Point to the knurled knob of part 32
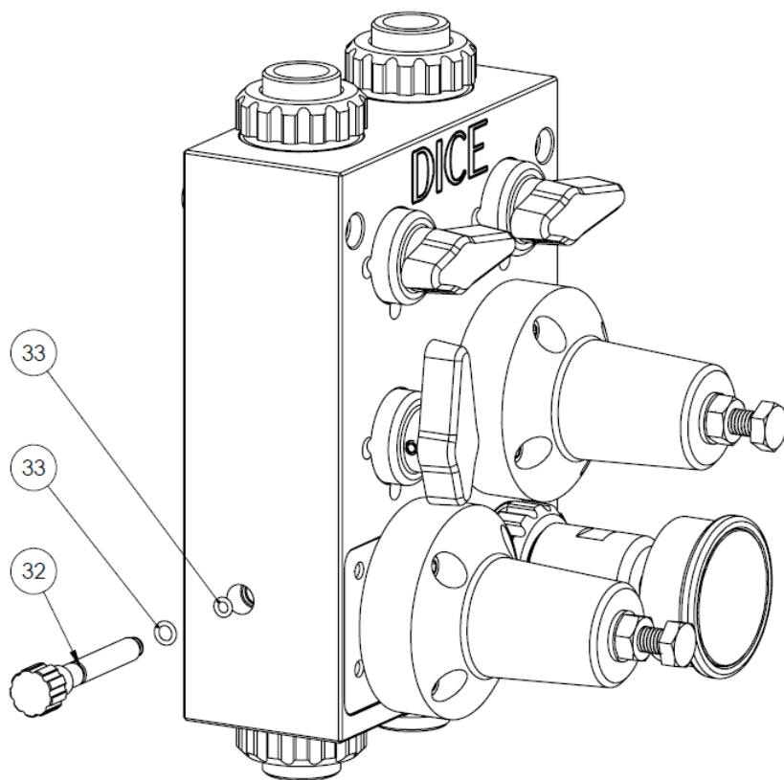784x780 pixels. (x=36, y=685)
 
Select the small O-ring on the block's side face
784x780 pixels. (x=223, y=605)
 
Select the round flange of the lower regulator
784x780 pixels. (x=421, y=593)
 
